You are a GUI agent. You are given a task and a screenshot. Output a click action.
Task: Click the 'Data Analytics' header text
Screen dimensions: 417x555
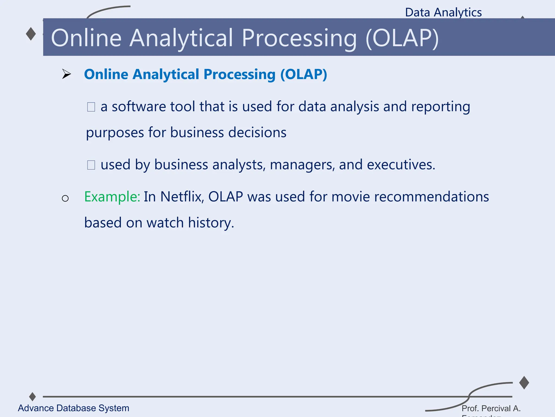click(443, 12)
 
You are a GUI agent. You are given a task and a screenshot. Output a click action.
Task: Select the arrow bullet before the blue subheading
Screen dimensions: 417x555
click(66, 74)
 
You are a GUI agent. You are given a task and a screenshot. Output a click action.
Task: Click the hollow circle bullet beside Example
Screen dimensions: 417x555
click(65, 198)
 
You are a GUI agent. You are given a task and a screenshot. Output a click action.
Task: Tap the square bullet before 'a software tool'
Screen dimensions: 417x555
click(91, 107)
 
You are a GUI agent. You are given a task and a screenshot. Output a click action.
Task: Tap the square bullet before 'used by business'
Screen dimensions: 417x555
click(91, 165)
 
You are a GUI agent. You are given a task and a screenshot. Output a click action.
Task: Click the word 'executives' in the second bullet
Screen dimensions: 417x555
click(401, 165)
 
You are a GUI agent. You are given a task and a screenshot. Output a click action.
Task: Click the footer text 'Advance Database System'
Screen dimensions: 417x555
click(73, 408)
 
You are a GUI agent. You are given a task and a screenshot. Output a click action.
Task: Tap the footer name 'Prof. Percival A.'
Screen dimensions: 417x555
click(491, 408)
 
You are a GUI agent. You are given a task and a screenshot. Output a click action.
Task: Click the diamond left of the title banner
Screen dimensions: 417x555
click(31, 34)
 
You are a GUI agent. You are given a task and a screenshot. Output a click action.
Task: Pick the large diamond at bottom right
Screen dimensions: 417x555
click(524, 383)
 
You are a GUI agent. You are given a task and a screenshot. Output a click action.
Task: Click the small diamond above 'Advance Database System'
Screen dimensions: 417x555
click(33, 397)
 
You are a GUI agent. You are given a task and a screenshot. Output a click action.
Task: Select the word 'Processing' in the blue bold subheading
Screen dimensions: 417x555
click(239, 74)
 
